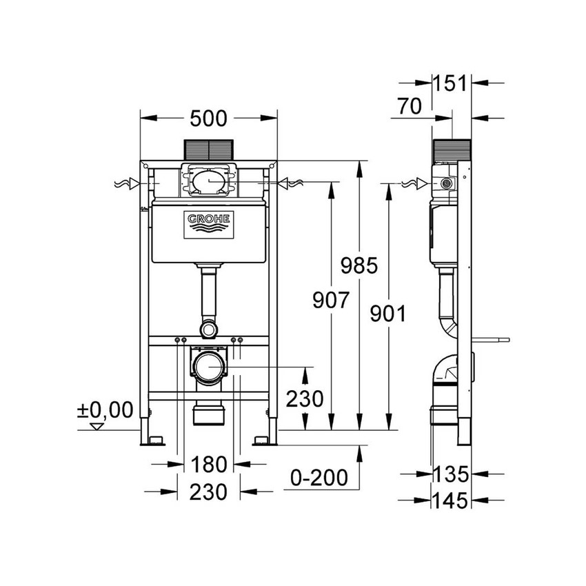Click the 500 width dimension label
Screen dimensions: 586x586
(x=208, y=119)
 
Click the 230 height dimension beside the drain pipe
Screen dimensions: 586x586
(x=304, y=398)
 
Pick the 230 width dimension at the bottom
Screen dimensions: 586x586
(x=208, y=492)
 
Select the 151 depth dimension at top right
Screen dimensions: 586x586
(x=449, y=83)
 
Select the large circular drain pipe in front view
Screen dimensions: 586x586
(x=209, y=367)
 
